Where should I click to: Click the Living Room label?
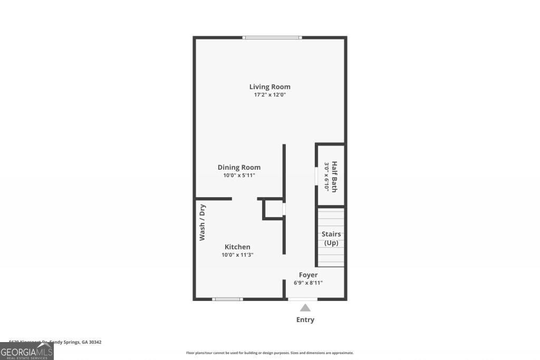pyautogui.click(x=269, y=86)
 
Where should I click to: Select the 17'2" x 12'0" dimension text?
pyautogui.click(x=269, y=95)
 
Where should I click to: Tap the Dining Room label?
pyautogui.click(x=239, y=167)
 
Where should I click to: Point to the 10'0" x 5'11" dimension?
pyautogui.click(x=239, y=176)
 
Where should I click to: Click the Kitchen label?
pyautogui.click(x=237, y=247)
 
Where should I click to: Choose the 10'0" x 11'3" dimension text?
pyautogui.click(x=237, y=255)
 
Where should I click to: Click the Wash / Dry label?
pyautogui.click(x=202, y=222)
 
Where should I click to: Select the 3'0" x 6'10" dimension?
pyautogui.click(x=326, y=177)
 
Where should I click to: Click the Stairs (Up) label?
pyautogui.click(x=331, y=238)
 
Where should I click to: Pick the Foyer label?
pyautogui.click(x=308, y=275)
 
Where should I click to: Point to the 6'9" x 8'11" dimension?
pyautogui.click(x=308, y=283)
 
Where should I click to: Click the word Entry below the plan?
pyautogui.click(x=305, y=319)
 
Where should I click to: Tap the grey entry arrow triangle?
pyautogui.click(x=305, y=308)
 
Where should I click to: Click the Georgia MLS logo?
pyautogui.click(x=26, y=352)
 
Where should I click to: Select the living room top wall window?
pyautogui.click(x=272, y=37)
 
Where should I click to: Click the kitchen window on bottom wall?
pyautogui.click(x=227, y=299)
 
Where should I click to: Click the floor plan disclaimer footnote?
pyautogui.click(x=269, y=353)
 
